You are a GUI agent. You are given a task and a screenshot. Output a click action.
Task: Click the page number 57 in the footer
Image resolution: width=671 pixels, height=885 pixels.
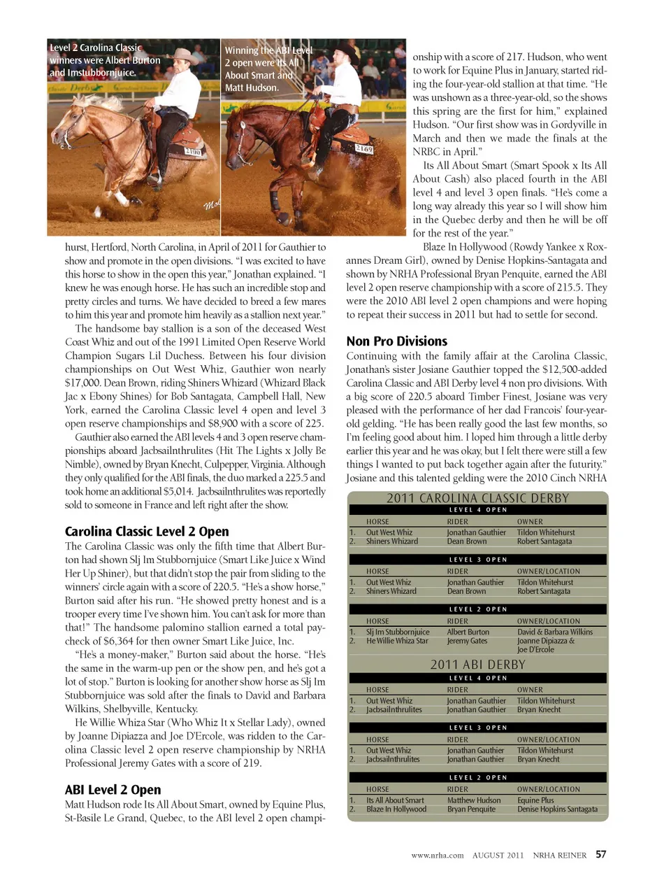601,854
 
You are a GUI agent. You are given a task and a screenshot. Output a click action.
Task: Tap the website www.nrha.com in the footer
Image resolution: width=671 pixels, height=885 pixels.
437,855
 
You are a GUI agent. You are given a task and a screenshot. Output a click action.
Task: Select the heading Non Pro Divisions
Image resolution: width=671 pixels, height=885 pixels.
396,341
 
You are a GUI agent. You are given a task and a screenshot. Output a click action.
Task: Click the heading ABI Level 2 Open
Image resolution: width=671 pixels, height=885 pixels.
113,790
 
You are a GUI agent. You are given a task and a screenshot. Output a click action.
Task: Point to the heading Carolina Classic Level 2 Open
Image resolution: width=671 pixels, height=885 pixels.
147,532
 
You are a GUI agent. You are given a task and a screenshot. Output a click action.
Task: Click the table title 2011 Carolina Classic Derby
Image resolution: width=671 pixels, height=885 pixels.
477,498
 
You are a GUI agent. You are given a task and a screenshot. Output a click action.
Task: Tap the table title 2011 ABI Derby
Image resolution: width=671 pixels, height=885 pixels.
477,665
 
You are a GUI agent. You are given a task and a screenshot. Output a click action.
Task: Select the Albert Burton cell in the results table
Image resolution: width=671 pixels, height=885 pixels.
468,632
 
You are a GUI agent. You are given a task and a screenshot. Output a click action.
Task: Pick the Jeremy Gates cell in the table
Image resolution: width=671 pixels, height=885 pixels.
467,641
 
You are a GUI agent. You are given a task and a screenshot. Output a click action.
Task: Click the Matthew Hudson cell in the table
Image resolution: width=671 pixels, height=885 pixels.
473,800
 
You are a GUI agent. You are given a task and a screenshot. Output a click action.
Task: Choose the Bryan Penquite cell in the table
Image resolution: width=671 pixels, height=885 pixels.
470,809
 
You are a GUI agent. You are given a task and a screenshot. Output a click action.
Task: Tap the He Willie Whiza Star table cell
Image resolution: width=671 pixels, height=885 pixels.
397,641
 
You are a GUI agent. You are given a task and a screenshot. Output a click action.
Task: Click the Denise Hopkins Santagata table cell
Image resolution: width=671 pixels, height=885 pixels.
557,809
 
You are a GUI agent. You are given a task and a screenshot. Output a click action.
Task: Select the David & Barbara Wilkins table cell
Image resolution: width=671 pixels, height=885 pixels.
554,632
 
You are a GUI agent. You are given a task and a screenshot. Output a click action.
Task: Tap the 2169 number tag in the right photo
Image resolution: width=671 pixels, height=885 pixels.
363,149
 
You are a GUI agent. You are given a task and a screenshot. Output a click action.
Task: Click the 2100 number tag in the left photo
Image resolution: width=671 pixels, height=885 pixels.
192,151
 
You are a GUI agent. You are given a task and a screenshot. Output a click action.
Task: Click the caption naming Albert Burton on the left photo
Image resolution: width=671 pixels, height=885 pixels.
105,60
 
